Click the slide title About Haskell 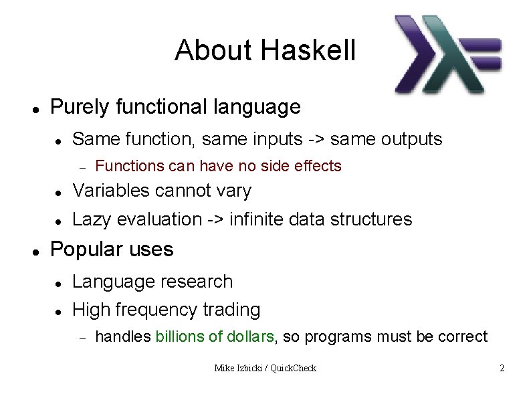[x=265, y=51]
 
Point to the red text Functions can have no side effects [x=218, y=166]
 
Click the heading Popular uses [x=112, y=250]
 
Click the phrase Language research [x=152, y=282]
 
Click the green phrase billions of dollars [x=215, y=336]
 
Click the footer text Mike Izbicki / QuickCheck [x=265, y=368]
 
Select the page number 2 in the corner [x=502, y=368]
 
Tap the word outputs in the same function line [x=411, y=140]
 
